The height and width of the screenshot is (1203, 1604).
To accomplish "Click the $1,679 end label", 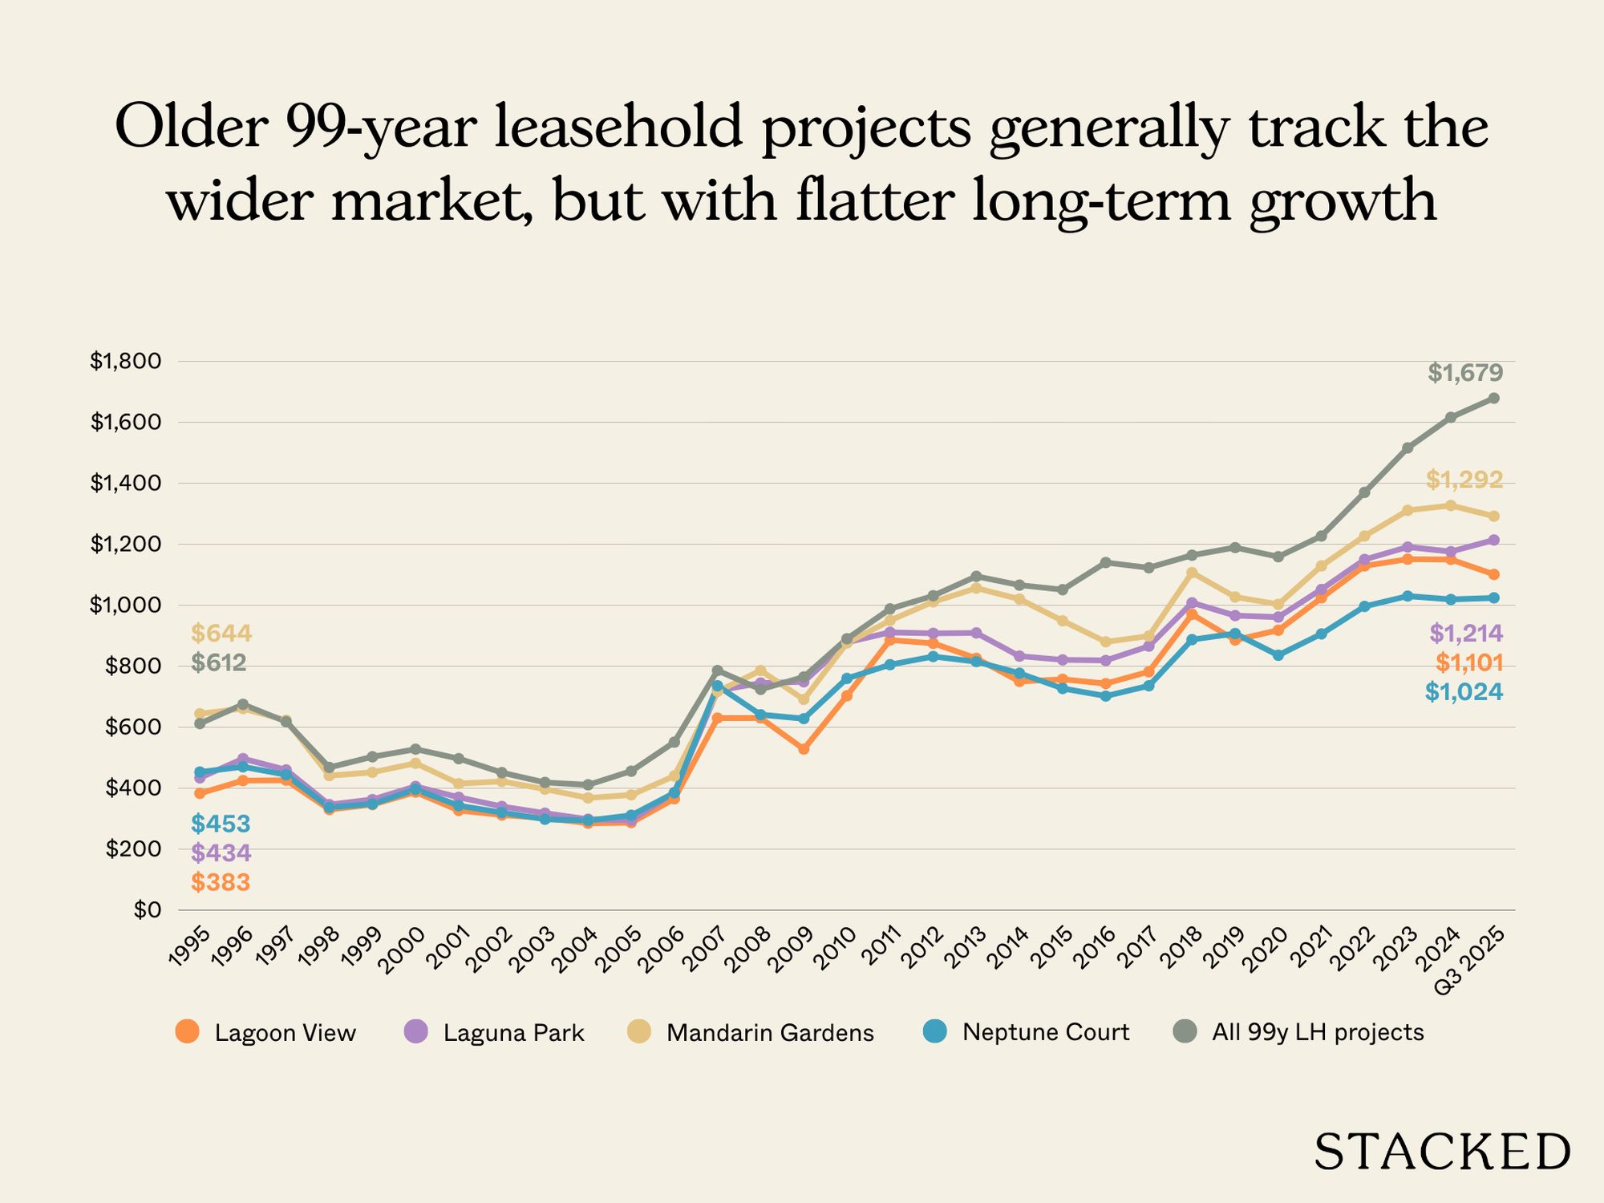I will (1464, 373).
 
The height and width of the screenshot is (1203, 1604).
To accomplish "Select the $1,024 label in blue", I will (1464, 692).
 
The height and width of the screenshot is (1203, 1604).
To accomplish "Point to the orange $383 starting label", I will (221, 883).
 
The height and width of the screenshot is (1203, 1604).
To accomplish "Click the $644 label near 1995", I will (221, 634).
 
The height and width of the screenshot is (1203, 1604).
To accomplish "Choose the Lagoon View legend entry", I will (265, 1032).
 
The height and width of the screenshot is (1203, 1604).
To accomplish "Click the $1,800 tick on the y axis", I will (125, 362).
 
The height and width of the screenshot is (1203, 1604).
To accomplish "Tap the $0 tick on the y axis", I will (148, 910).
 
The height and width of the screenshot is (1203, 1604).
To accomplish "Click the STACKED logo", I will (1441, 1152).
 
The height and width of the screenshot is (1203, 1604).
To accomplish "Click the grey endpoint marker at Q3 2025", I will (1494, 399).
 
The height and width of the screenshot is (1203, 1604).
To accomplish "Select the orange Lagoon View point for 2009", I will (804, 749).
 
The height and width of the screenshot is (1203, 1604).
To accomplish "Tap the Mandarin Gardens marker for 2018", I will (1192, 573).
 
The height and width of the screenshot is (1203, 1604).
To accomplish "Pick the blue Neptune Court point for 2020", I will (1278, 655).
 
